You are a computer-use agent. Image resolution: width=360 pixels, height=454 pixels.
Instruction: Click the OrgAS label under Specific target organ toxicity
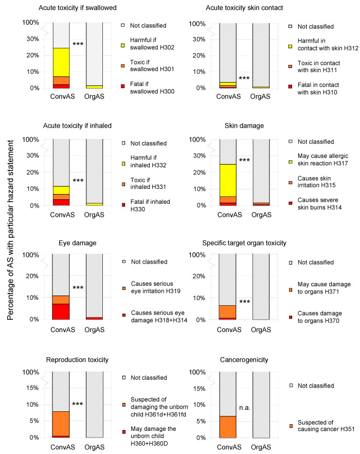262,329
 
